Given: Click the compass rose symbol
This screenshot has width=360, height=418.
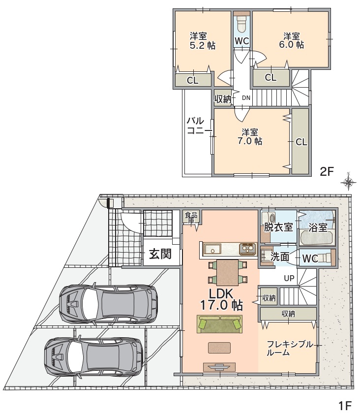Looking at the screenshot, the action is click(x=348, y=182).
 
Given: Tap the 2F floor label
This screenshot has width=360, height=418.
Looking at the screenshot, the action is click(x=327, y=171).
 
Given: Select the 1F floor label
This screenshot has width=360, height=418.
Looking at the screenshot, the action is click(x=345, y=406).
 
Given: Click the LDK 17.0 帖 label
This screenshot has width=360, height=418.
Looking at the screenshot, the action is click(x=221, y=300).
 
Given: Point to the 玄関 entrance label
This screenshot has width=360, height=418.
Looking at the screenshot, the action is click(x=160, y=254).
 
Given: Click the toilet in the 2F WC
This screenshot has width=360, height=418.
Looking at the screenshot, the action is click(x=242, y=24).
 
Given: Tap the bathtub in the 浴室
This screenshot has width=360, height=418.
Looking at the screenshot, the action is click(x=317, y=238).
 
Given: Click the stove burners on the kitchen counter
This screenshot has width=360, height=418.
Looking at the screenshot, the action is click(x=248, y=249).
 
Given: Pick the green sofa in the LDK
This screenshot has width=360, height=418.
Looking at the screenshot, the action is click(x=219, y=324).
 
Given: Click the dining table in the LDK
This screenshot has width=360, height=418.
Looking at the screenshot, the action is click(x=228, y=272).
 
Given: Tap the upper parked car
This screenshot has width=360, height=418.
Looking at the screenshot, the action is click(x=108, y=304).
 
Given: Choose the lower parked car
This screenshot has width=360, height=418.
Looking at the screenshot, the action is click(x=93, y=357).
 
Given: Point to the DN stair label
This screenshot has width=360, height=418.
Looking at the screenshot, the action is click(x=246, y=98).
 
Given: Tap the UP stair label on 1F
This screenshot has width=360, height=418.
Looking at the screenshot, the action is click(x=289, y=278).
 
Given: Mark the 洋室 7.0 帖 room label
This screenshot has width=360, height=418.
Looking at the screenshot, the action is click(x=250, y=136).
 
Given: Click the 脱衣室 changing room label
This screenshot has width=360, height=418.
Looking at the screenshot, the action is click(x=278, y=227).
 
